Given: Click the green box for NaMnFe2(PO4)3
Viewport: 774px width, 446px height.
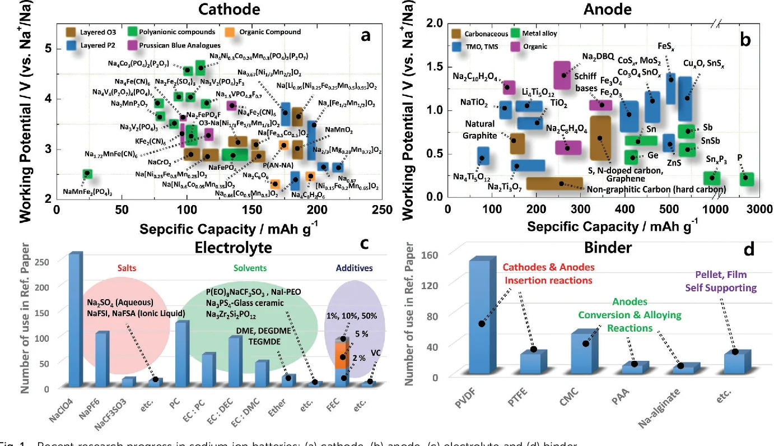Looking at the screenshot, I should (x=87, y=174).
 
